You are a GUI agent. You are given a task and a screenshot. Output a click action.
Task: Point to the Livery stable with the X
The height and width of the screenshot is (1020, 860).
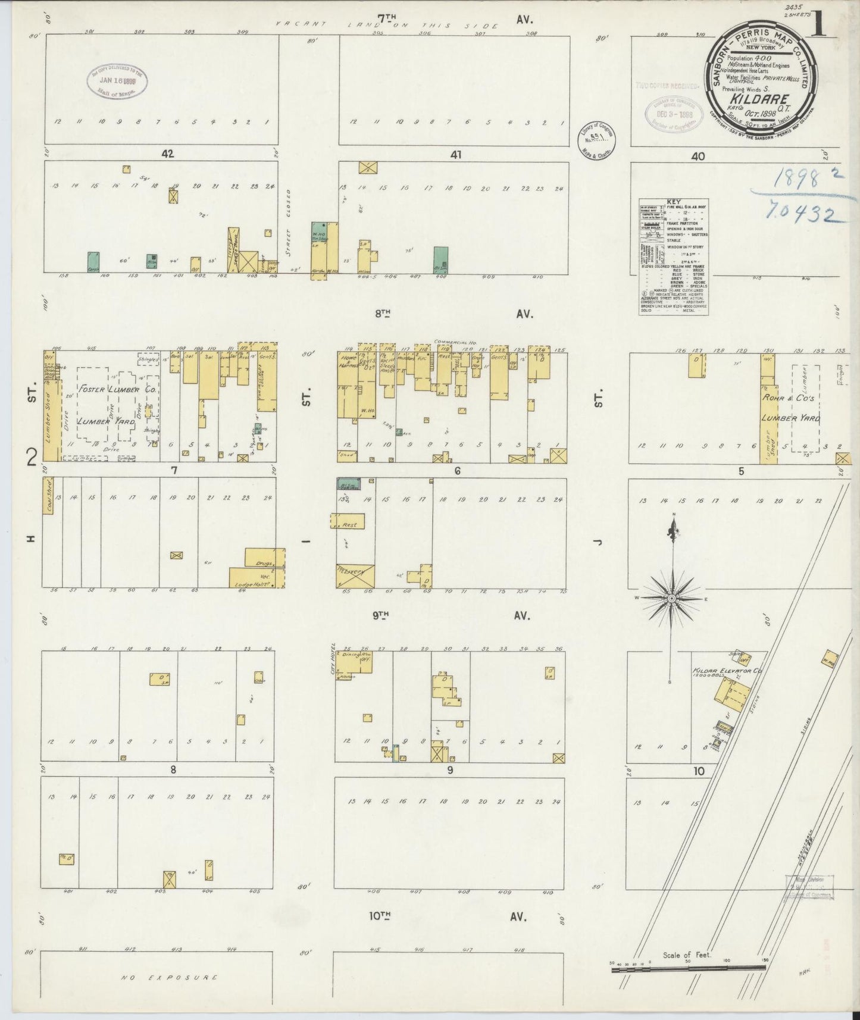355,575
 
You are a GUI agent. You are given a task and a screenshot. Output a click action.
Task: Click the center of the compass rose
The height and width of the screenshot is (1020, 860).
671,597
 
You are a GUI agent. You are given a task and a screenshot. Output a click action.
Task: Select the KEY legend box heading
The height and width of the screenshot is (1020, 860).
674,202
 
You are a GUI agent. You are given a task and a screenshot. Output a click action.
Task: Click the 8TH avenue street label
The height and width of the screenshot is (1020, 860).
386,314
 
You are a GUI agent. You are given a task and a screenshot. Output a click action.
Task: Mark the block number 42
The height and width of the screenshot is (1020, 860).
167,154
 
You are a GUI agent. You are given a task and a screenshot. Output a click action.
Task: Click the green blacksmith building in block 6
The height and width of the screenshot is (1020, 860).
346,483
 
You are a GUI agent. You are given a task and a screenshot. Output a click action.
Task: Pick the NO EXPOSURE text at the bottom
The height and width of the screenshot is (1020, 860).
168,978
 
